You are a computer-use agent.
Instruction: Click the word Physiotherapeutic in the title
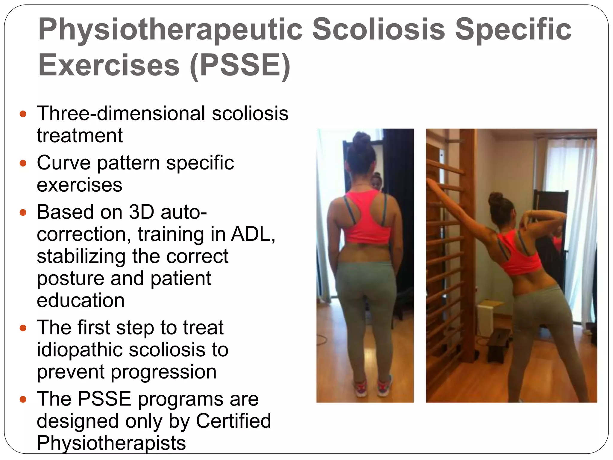(170, 29)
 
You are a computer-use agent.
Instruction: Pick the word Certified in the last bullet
(233, 421)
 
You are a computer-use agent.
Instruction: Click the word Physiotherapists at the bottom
(111, 443)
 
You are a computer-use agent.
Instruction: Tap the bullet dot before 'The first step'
(23, 328)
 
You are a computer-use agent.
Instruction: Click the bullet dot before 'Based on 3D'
(23, 213)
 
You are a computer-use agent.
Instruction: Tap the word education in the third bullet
(81, 300)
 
